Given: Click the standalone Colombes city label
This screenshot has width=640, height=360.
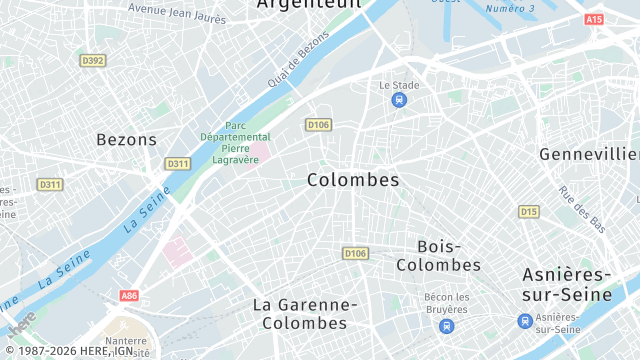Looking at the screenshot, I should tap(353, 180).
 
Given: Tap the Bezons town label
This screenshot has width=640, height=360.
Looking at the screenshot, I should tap(126, 140).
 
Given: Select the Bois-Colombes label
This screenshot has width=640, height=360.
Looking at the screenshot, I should tap(438, 256).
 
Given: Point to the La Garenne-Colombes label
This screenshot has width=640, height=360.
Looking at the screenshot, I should tap(304, 314).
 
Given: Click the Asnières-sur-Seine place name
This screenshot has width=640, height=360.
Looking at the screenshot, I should tap(580, 285).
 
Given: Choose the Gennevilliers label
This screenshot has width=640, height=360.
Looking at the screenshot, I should tap(589, 154).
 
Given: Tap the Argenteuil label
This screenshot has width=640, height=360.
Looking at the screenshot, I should tap(308, 4).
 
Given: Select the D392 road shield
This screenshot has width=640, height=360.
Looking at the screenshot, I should tap(93, 61).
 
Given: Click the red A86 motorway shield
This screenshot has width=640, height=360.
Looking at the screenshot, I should tap(128, 296).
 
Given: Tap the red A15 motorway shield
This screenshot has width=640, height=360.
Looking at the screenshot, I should tap(594, 19).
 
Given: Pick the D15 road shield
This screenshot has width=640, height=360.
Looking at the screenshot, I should tap(528, 212).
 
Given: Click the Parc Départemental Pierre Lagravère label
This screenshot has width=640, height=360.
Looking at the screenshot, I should tap(235, 142).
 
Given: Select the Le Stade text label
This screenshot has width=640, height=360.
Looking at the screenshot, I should tap(399, 85).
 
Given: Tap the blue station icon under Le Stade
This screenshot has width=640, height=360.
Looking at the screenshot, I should tap(399, 101).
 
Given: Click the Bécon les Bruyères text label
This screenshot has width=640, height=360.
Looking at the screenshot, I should tap(446, 302).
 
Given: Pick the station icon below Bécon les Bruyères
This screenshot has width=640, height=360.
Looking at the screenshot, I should tap(446, 326).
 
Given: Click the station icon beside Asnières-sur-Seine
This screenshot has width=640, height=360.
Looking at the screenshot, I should tap(525, 321).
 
